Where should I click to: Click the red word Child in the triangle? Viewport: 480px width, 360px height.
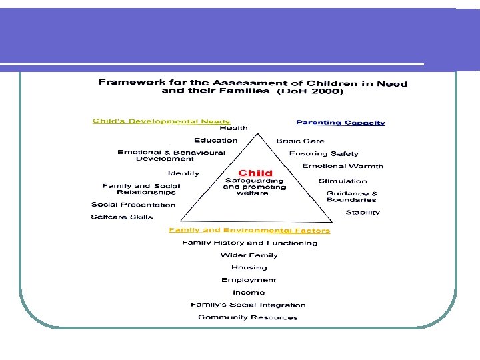click(255, 173)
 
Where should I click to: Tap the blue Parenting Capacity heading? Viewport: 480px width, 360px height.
click(340, 123)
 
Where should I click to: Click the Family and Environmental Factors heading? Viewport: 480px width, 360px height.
click(249, 231)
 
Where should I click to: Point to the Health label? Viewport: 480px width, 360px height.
click(233, 128)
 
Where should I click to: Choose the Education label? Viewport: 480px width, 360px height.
click(215, 141)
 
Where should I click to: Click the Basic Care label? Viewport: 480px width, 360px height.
click(300, 141)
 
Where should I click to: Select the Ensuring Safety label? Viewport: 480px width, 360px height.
click(323, 153)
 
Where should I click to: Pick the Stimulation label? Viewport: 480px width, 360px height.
click(343, 181)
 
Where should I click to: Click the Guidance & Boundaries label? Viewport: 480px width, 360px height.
click(351, 197)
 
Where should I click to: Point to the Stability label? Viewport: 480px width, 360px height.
click(363, 213)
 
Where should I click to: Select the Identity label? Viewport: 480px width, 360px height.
click(183, 173)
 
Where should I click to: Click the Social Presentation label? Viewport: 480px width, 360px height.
click(133, 205)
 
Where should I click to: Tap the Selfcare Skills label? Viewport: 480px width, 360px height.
click(122, 217)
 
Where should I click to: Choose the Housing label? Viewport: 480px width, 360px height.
click(249, 267)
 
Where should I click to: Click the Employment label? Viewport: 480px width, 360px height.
click(249, 280)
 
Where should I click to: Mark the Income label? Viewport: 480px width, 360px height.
click(249, 293)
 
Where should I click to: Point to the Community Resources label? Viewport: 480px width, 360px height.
click(248, 317)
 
